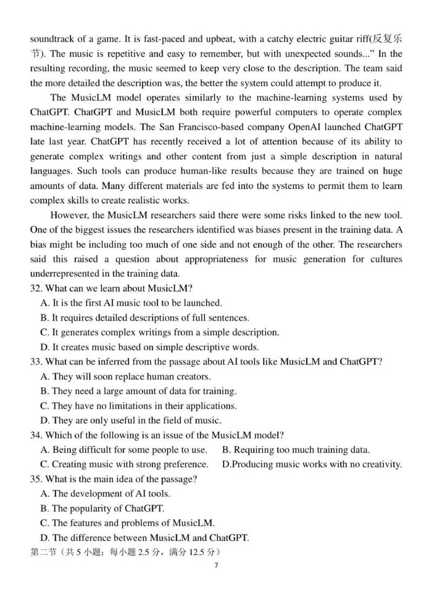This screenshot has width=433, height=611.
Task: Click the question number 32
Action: pos(36,288)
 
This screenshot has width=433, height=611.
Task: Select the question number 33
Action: pos(36,362)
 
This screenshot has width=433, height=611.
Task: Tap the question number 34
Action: pos(36,435)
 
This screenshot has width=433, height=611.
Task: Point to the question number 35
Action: pos(36,479)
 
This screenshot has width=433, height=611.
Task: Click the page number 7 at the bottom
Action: pos(216,566)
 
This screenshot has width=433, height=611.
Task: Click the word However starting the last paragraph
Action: pos(70,215)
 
